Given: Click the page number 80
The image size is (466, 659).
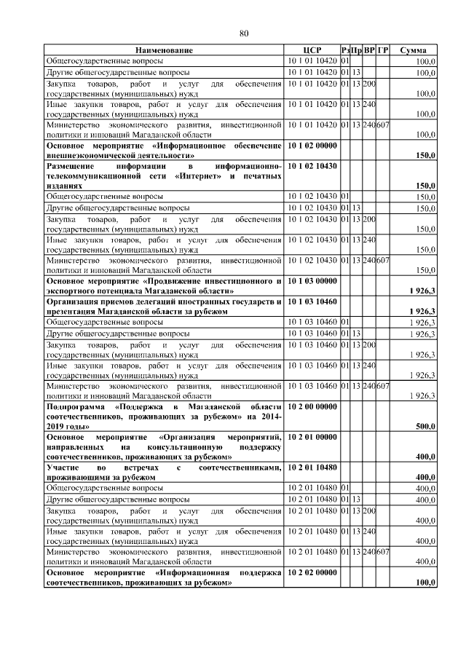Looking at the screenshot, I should tap(244, 33).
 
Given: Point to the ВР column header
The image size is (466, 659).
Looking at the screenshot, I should tap(369, 50).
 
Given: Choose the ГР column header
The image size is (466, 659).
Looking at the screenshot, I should tap(383, 50).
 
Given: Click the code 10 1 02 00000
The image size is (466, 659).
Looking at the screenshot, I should tap(312, 146).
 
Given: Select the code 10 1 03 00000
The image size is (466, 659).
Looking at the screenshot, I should tap(312, 280).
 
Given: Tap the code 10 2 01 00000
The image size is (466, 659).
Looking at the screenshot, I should tap(312, 437).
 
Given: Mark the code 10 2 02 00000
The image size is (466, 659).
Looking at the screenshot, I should tap(312, 574).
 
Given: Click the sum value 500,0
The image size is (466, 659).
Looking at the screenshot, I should tap(424, 427).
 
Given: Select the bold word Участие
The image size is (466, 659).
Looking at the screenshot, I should tap(63, 467).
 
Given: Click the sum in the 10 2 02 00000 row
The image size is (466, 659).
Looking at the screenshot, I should tap(424, 584).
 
